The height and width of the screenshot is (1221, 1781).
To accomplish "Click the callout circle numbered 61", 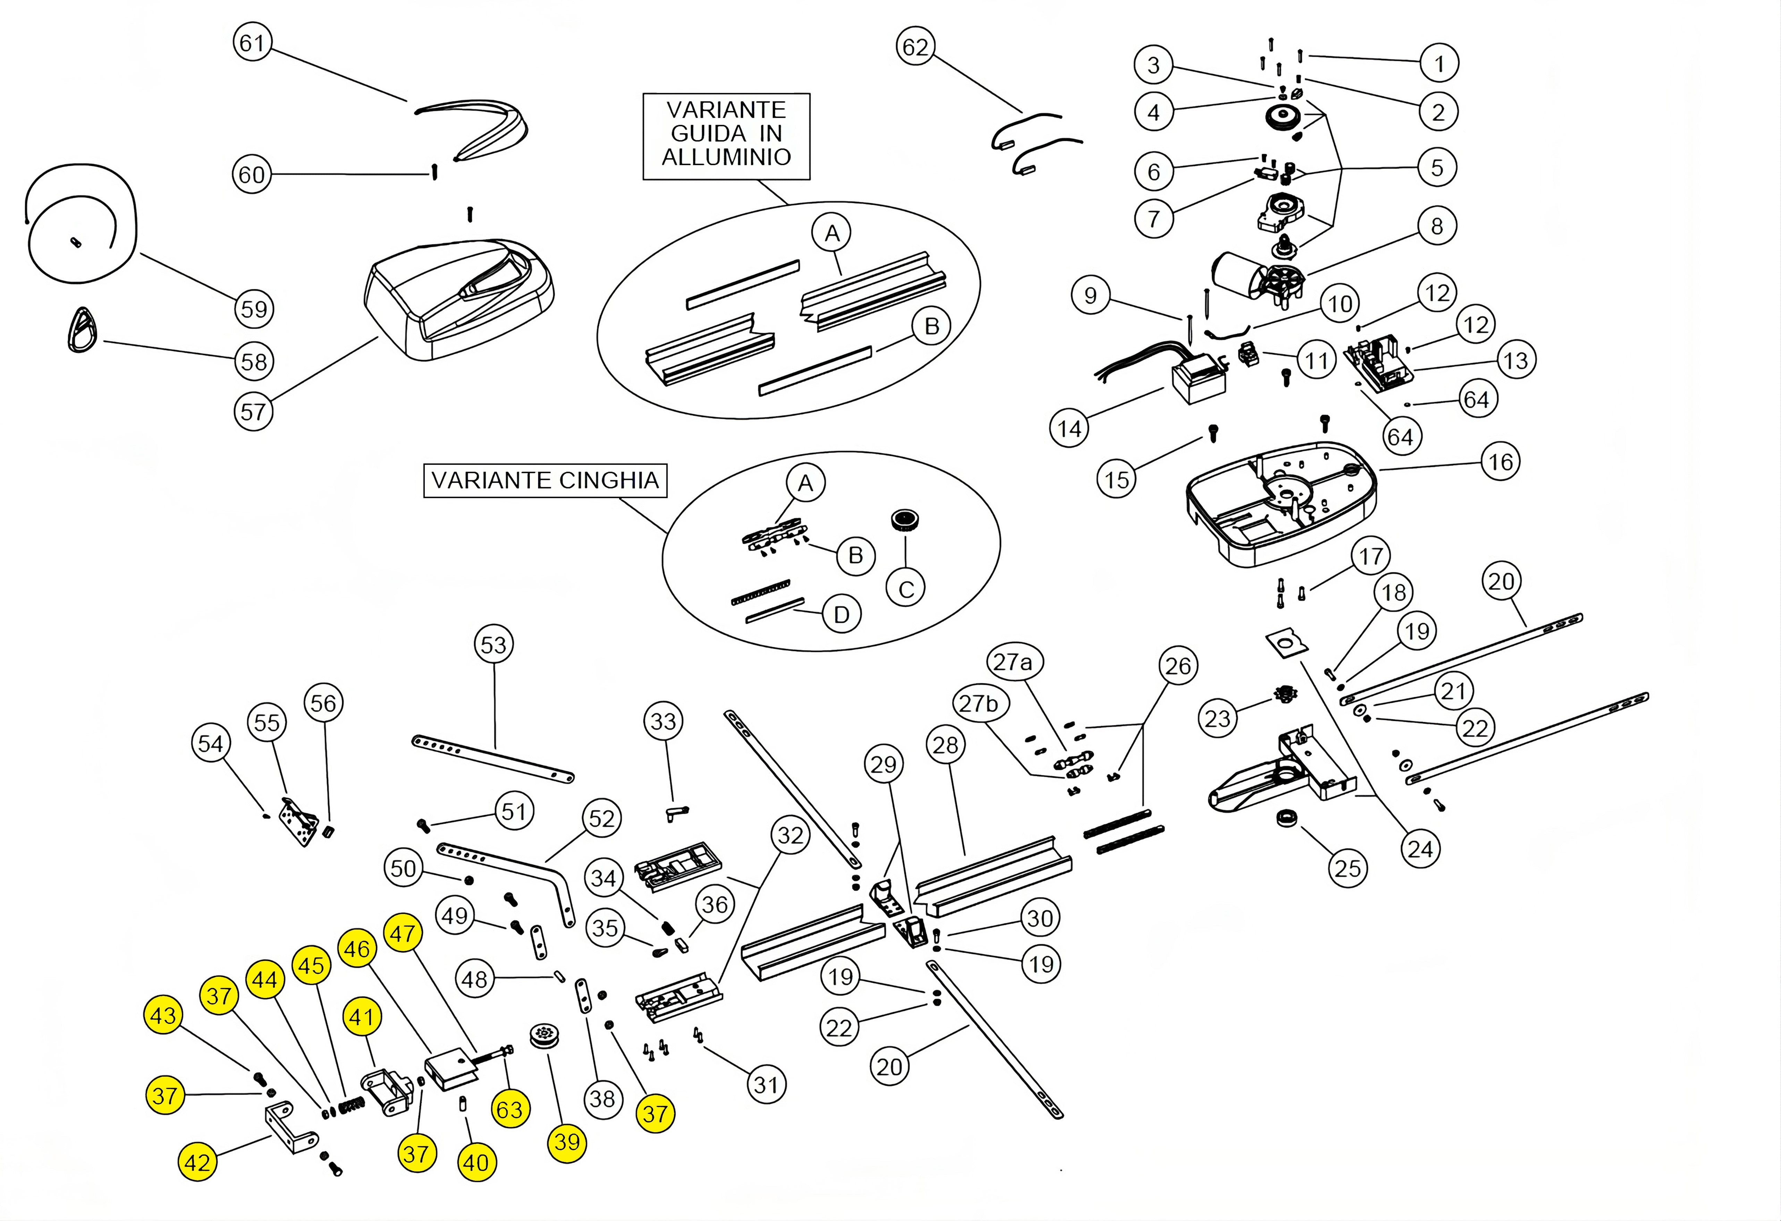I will click(252, 43).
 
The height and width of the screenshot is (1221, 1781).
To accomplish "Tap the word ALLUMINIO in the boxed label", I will click(726, 157).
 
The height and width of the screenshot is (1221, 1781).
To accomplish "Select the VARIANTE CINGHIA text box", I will click(545, 480).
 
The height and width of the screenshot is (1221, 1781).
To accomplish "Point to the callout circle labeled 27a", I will click(1012, 662).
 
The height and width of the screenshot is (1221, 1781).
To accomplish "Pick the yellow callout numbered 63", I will click(509, 1109).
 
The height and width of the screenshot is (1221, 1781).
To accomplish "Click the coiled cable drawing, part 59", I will click(81, 226).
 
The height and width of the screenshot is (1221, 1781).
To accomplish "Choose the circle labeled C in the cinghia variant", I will click(906, 589).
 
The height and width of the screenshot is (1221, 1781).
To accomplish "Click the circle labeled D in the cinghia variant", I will click(842, 614).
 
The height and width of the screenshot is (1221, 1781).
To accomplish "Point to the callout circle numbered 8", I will click(1436, 226).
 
